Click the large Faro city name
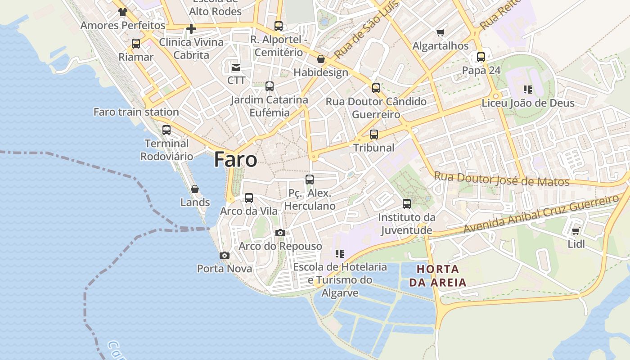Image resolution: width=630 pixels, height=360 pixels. tap(235, 160)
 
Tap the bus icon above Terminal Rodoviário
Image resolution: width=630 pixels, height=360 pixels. tap(166, 130)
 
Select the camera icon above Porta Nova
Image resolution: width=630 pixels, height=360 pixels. tap(225, 256)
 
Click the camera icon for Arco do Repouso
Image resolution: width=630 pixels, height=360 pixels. tap(280, 233)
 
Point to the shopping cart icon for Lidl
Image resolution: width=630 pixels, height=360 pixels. tap(576, 231)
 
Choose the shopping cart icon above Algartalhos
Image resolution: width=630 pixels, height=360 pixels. tap(440, 32)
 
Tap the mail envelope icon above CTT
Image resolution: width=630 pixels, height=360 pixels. tap(236, 67)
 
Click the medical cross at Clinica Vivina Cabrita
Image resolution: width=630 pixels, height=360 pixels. tap(191, 29)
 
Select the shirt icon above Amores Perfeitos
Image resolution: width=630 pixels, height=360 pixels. tap(123, 12)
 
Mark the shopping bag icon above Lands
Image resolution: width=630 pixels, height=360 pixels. tap(195, 189)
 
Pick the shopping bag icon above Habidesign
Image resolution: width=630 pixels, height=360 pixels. tap(321, 59)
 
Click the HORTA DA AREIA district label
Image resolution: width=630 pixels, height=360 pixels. tap(438, 276)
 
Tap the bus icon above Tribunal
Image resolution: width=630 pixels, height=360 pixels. tap(374, 134)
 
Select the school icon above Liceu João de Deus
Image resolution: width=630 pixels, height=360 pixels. tap(528, 90)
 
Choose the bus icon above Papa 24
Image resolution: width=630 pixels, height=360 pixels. tap(481, 57)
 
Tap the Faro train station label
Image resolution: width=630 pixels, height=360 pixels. tap(136, 112)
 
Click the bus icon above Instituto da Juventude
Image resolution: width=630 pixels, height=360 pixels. tap(407, 204)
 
